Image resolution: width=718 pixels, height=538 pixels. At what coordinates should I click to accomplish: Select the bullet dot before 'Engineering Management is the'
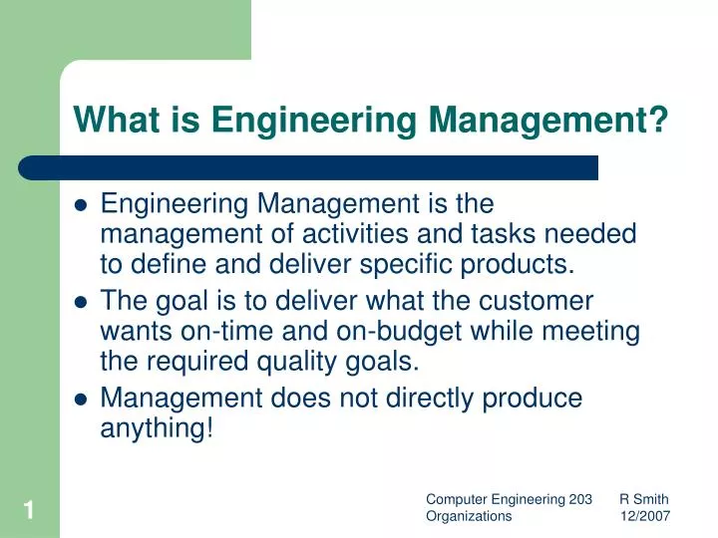click(83, 206)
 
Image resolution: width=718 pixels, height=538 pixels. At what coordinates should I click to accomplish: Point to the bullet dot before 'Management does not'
click(83, 400)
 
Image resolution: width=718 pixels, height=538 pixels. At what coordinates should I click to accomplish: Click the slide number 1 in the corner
click(30, 512)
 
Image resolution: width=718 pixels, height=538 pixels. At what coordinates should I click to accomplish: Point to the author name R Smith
click(643, 499)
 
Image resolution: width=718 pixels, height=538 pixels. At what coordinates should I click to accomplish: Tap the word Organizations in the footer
click(469, 516)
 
